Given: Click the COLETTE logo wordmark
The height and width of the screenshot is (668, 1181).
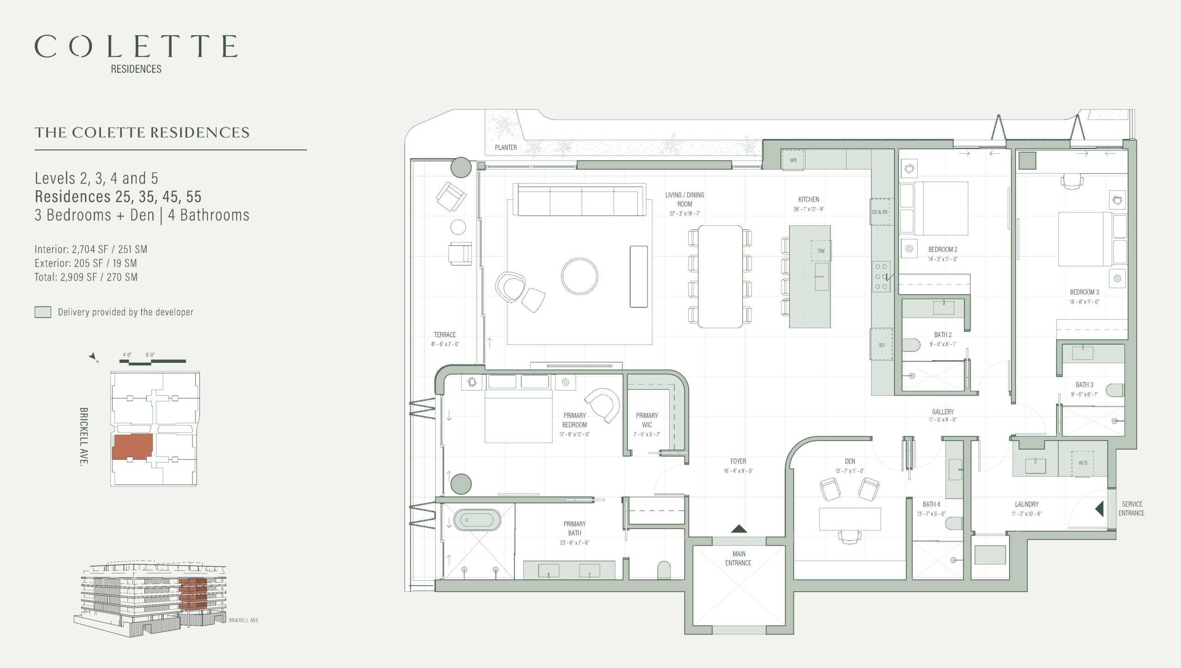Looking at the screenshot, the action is point(136,46).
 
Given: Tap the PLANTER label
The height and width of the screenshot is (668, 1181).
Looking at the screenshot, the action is point(506,147).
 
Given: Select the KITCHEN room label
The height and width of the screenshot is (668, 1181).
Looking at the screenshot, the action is point(809,199).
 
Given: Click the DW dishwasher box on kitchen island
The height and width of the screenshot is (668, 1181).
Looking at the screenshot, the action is point(821,251).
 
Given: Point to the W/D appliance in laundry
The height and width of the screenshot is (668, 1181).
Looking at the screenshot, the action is point(1083,463).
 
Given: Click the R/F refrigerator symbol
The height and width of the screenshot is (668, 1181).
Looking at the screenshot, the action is point(881,344).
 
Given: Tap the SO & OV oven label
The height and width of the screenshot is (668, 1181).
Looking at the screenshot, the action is point(880,212).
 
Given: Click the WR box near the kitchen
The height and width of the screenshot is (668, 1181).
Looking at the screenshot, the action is point(793,160).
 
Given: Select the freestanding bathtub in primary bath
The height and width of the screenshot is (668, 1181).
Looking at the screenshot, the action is point(477,520).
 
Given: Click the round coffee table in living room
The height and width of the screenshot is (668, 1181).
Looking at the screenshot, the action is point(579,276).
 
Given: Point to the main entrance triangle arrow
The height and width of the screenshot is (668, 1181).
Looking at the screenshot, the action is point(739,529).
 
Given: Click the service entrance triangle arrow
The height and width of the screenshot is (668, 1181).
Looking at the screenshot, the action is point(1099,509).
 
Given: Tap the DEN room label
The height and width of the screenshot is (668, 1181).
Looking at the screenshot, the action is point(850,461).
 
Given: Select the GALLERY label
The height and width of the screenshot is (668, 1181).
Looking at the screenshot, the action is point(942,412).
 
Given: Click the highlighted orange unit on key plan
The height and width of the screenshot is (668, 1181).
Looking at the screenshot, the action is point(132,447).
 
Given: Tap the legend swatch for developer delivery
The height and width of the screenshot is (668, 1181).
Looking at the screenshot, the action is point(43,312).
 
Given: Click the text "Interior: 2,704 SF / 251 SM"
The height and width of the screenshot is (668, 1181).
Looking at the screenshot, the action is point(91,249).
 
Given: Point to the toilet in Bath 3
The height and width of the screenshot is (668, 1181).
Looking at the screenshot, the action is point(1115,390).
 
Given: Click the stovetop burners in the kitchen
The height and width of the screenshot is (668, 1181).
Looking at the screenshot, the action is point(881,277).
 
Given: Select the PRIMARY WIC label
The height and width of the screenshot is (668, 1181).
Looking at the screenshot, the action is point(647,420).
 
